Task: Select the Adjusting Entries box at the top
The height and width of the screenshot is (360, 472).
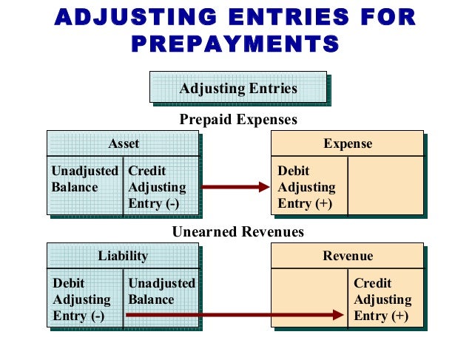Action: tap(238, 89)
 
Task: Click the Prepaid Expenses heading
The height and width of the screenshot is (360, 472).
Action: tap(238, 119)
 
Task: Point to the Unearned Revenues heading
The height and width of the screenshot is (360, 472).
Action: tap(238, 232)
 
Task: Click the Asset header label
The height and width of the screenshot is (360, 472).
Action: tap(123, 143)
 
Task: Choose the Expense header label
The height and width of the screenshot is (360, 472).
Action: tap(348, 143)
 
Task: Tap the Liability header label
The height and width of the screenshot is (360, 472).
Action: tap(123, 257)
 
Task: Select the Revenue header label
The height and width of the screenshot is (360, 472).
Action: tap(348, 257)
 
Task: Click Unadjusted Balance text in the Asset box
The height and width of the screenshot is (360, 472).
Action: tap(84, 179)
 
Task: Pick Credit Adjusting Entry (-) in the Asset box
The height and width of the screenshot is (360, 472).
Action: tap(157, 187)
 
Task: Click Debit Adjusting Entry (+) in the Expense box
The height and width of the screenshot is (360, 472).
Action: tap(306, 187)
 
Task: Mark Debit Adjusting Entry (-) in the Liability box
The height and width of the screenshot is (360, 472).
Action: tap(81, 299)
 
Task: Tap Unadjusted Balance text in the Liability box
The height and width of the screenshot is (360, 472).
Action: tap(161, 291)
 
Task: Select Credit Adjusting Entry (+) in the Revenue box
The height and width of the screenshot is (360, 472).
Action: tap(382, 299)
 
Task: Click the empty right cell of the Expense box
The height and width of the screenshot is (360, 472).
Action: tap(385, 185)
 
